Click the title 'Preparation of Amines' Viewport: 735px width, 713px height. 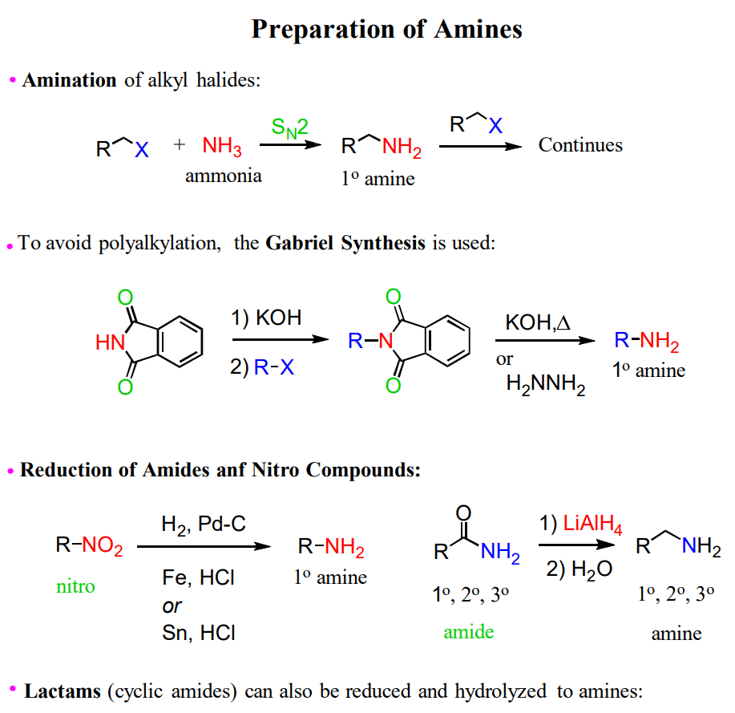coord(386,30)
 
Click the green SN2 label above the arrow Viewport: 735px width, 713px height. coord(289,127)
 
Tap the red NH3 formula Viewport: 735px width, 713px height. coord(222,147)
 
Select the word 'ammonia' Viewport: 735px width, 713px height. coord(223,176)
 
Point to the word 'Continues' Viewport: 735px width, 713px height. coord(580,145)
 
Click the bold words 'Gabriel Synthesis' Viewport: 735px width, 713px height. coord(345,243)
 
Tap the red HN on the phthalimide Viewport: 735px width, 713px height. coord(110,343)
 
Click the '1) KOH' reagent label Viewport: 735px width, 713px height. coord(266,318)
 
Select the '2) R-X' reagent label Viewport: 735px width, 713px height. coord(262,368)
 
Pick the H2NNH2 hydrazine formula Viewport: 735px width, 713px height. coord(546,386)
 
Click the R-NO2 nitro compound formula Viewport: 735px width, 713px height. coord(89,547)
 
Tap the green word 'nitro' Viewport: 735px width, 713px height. coord(75,586)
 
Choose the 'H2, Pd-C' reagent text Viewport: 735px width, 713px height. coord(204,525)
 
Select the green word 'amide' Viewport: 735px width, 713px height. coord(469,631)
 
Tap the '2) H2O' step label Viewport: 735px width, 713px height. coord(579,569)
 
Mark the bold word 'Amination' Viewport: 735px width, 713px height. coord(70,80)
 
